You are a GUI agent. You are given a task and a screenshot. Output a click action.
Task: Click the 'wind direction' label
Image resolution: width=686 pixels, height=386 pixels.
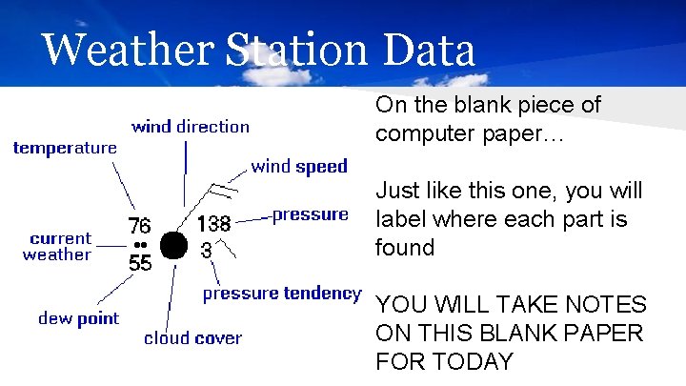191,127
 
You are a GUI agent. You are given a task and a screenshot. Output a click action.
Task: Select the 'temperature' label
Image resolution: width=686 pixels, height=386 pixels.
65,148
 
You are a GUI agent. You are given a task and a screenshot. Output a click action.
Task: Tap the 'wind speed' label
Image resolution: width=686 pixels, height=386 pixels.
299,167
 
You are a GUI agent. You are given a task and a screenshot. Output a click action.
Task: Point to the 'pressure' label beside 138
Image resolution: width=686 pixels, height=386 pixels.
311,214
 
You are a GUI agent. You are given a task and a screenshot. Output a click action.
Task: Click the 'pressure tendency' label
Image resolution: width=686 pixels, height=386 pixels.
282,294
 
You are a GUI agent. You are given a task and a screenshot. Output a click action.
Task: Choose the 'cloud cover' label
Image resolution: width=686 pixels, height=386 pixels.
193,337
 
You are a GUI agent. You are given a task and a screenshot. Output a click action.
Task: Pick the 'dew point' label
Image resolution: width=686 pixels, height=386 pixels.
79,318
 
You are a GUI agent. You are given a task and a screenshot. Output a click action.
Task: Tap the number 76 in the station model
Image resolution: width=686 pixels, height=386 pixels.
139,226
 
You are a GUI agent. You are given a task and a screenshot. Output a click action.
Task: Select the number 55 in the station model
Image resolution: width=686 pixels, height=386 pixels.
140,263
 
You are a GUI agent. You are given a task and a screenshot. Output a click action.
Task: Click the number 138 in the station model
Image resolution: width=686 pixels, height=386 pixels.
213,225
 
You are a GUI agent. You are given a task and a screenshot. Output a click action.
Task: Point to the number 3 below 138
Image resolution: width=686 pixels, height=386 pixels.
206,251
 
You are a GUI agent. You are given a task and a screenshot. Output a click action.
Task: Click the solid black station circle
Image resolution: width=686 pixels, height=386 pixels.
172,245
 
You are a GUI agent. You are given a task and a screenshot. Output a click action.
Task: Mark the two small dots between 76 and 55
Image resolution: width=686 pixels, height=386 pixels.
140,244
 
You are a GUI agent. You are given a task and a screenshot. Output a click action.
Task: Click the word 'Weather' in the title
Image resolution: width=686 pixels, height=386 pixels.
125,50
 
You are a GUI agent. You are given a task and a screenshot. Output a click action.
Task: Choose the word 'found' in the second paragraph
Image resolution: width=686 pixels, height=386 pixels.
405,248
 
